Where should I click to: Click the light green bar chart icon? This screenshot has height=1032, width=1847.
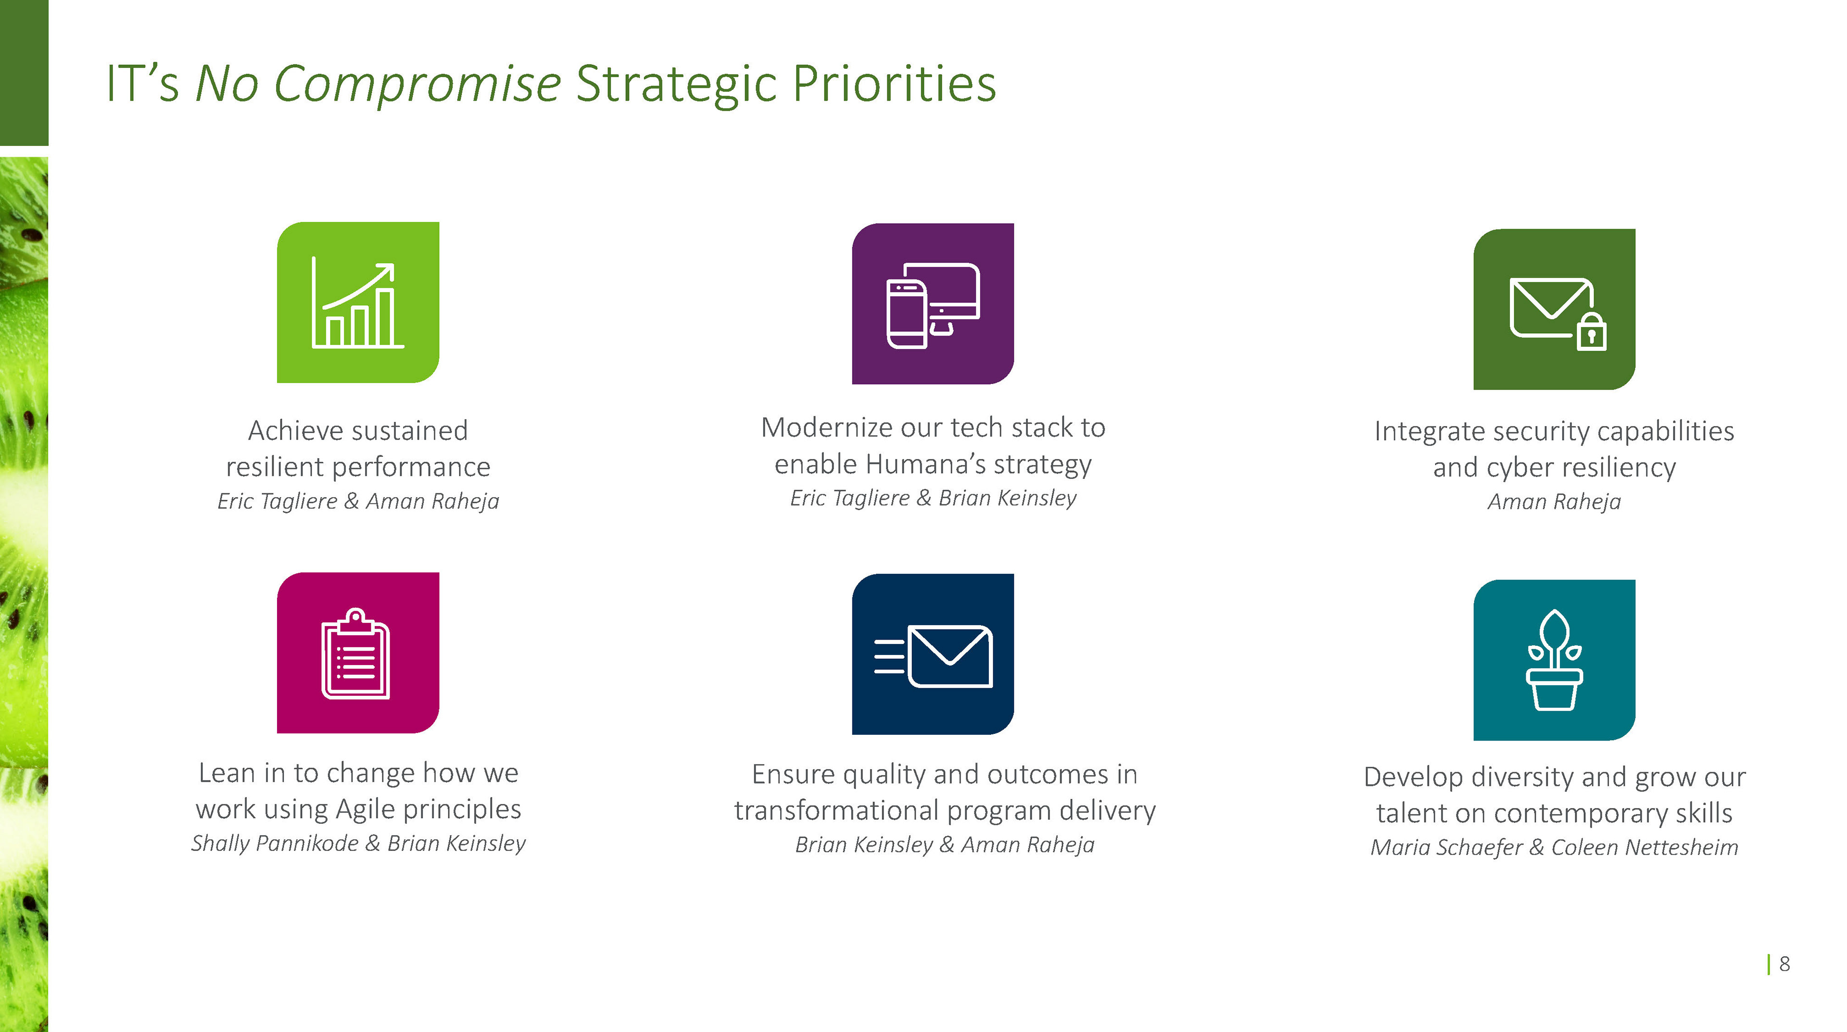[x=358, y=302]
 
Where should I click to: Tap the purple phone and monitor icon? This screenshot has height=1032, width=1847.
[x=933, y=304]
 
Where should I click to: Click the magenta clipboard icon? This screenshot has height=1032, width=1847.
[x=358, y=653]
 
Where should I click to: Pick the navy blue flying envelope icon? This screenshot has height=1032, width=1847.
[x=933, y=654]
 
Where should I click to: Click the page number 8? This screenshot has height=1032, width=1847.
[x=1784, y=964]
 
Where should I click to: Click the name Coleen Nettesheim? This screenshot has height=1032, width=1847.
[x=1645, y=847]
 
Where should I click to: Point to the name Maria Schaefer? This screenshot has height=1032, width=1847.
[x=1446, y=848]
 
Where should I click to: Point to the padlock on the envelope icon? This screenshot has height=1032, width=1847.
[x=1592, y=332]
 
